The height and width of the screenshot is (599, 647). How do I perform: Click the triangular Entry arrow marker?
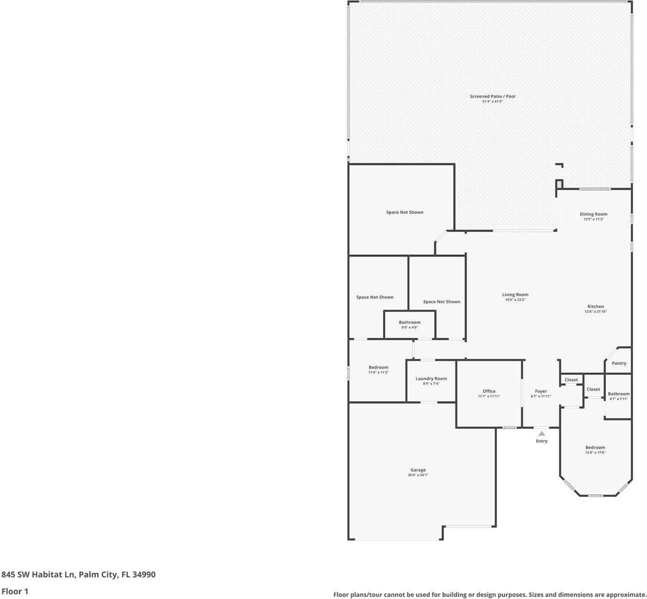point(541,433)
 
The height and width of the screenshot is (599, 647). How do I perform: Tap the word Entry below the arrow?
point(541,441)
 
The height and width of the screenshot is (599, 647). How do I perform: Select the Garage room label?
point(418,470)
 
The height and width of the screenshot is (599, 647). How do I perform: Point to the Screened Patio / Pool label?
point(492,96)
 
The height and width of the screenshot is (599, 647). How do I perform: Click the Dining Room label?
point(593,214)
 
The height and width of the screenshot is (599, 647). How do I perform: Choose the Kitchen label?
point(595,306)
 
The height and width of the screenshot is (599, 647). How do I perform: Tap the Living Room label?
point(515,295)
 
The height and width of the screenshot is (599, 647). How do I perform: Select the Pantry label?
point(619,363)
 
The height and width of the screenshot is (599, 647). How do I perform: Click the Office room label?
point(489,391)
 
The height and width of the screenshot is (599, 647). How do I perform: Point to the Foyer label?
point(541,391)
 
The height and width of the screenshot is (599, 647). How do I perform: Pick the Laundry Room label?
point(431,379)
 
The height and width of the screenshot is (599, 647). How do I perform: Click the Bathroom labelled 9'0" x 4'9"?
point(409,323)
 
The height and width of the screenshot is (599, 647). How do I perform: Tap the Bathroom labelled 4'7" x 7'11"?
point(618,394)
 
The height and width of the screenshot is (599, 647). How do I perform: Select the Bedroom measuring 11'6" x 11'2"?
point(378,368)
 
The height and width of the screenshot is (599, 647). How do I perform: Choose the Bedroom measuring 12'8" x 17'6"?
point(595,448)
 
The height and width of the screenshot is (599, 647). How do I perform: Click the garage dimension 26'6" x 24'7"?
point(418,475)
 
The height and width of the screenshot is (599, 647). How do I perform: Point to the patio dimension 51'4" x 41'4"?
point(492,102)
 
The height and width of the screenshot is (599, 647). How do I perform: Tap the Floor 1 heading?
point(15,591)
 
